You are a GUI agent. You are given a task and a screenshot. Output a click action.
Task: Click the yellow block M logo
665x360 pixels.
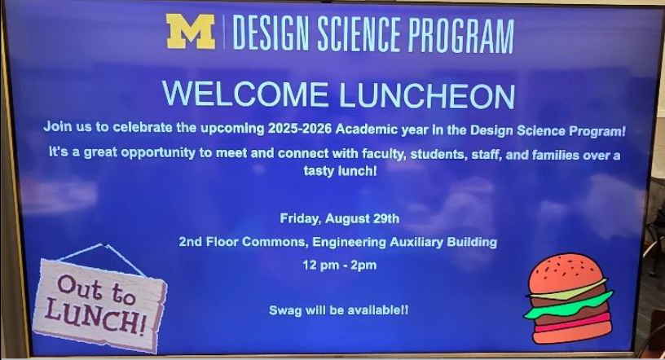tap(191, 32)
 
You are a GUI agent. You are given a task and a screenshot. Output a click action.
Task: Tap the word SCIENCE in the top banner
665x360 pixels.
tap(359, 33)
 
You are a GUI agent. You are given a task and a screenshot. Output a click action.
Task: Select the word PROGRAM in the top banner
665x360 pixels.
tap(460, 35)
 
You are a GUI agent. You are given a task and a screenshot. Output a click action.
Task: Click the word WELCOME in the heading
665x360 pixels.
tap(245, 94)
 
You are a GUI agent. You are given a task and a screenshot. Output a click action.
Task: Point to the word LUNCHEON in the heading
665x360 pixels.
tap(427, 95)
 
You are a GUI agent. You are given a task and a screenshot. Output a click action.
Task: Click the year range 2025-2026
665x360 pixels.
tap(299, 129)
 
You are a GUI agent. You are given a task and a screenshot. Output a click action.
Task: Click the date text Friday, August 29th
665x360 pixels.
tap(339, 219)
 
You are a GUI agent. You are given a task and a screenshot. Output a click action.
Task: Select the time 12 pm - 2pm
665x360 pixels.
tap(339, 266)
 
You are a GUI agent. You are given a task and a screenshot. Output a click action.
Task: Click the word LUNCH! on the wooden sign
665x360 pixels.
tap(95, 317)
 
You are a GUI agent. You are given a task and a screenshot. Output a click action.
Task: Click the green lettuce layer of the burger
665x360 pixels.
tap(569, 305)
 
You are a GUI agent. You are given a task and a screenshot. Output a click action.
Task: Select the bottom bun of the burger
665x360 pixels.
tap(571, 333)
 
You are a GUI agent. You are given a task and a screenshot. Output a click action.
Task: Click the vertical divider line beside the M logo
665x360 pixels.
tap(224, 33)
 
